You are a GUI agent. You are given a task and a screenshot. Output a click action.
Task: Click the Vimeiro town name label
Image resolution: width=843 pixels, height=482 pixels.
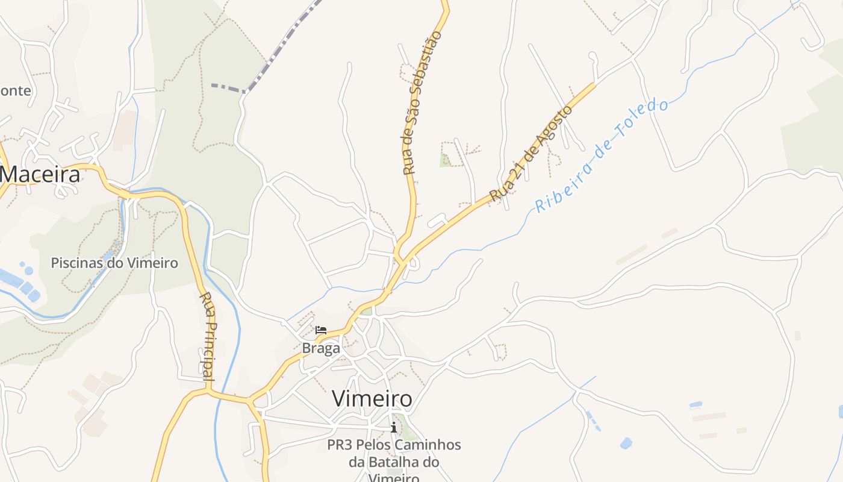click(372, 399)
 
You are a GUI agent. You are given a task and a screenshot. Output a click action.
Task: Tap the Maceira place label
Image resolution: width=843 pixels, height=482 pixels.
click(40, 175)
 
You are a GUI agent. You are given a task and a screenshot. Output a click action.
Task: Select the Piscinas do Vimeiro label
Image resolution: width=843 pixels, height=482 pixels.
click(114, 263)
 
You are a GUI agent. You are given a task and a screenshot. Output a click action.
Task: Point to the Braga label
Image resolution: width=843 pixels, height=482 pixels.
click(321, 348)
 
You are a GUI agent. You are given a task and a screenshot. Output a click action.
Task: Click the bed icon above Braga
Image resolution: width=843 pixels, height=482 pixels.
click(321, 330)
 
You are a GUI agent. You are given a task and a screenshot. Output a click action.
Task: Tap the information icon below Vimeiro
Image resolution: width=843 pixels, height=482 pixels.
click(394, 427)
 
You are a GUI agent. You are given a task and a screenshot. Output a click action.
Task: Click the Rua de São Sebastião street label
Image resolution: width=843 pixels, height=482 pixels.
click(422, 102)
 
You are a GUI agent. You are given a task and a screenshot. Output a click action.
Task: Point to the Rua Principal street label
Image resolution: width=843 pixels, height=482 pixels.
click(207, 336)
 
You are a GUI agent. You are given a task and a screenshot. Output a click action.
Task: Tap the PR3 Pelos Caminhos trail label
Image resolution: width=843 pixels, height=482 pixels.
click(394, 445)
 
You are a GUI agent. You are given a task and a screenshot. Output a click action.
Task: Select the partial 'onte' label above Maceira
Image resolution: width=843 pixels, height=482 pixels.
click(16, 91)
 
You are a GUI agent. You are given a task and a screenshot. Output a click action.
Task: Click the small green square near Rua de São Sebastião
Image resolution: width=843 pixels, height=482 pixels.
click(445, 160)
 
